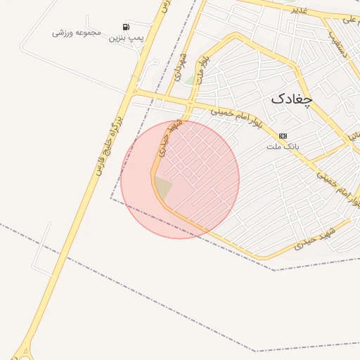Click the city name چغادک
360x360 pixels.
pyautogui.click(x=290, y=98)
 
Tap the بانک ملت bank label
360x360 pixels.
pyautogui.click(x=283, y=147)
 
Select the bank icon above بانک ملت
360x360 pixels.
pyautogui.click(x=283, y=136)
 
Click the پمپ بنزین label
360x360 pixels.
pyautogui.click(x=126, y=37)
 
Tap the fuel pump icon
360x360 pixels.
pyautogui.click(x=126, y=27)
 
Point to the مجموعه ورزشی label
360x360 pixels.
pyautogui.click(x=77, y=32)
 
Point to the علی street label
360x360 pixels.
pyautogui.click(x=349, y=20)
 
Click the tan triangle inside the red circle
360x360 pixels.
pyautogui.click(x=162, y=188)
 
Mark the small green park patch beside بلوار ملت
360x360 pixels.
pyautogui.click(x=190, y=80)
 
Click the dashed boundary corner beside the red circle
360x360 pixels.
pyautogui.click(x=110, y=198)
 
